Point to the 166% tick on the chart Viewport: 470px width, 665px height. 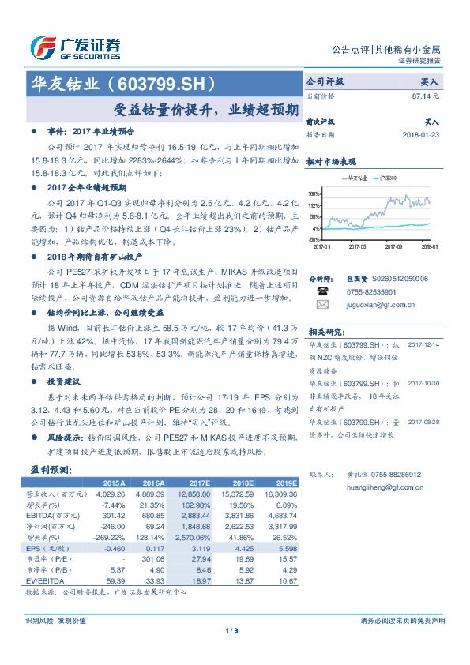(x=314, y=193)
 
